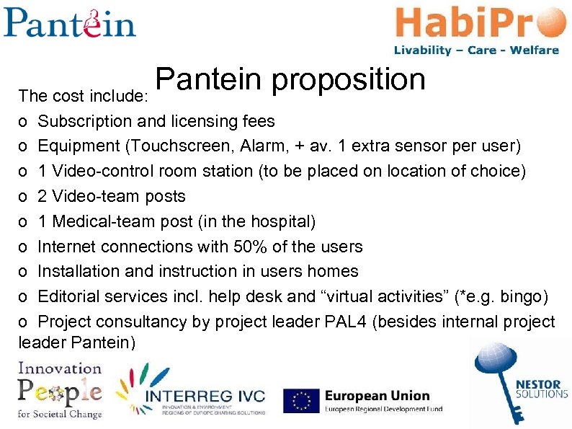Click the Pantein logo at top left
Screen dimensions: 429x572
click(x=69, y=23)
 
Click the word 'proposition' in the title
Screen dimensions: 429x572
click(x=349, y=80)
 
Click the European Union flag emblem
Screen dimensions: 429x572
click(x=301, y=402)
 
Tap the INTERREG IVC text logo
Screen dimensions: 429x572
click(x=205, y=397)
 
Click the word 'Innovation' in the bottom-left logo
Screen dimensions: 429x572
click(x=60, y=368)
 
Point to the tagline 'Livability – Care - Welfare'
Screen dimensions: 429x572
click(x=476, y=50)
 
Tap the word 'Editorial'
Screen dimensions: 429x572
click(x=71, y=296)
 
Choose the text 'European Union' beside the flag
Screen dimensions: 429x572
click(x=377, y=396)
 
